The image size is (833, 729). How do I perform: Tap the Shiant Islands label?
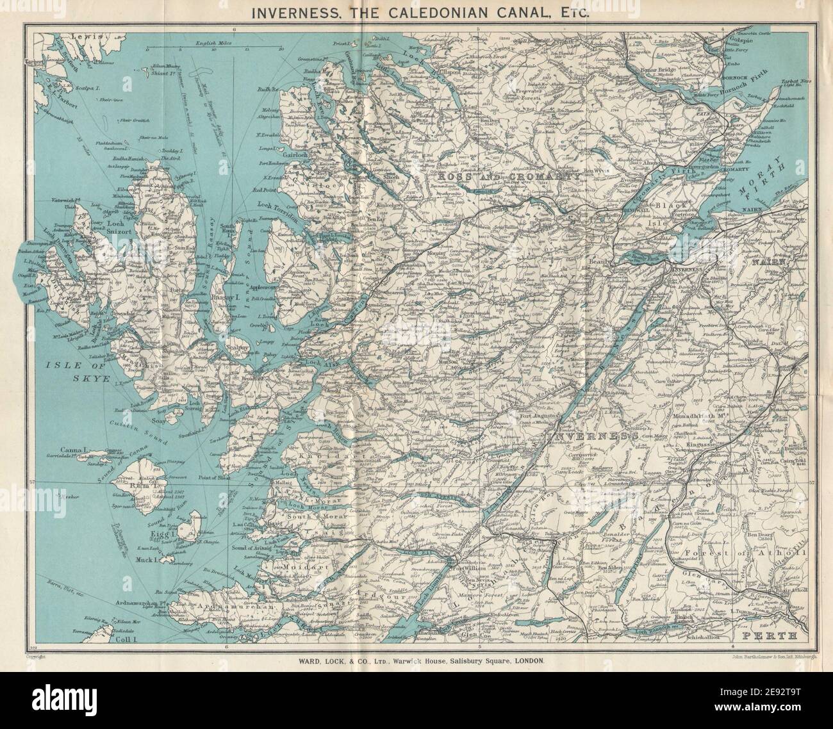point(168,74)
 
